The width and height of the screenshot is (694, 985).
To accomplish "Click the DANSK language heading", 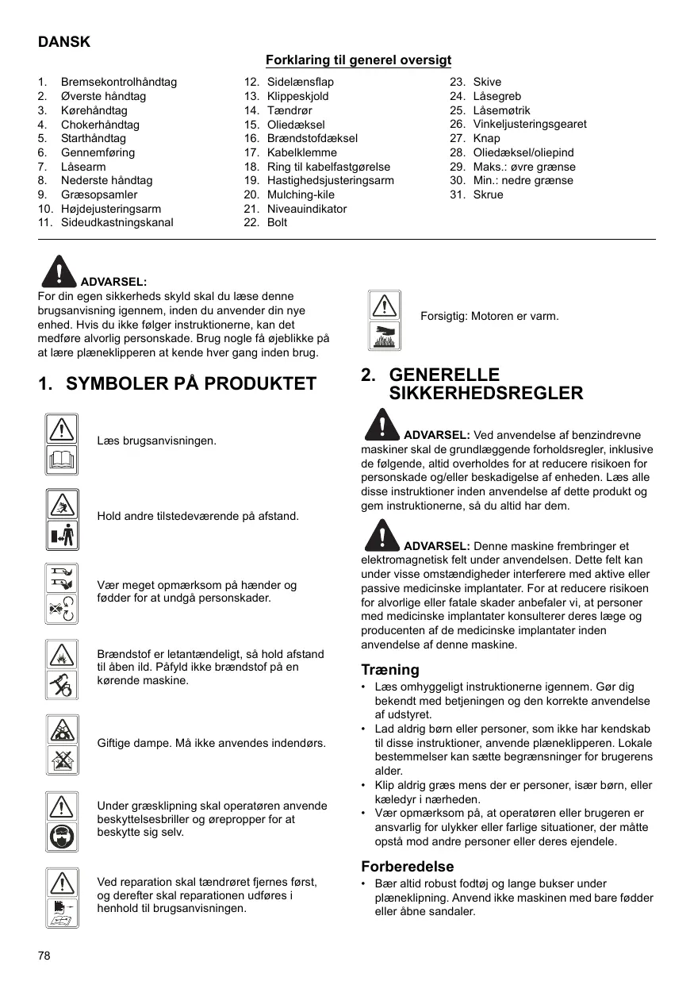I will pos(64,42).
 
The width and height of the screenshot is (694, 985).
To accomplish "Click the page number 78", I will pos(44,956).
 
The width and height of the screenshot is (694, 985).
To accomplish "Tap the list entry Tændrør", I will pos(289,110).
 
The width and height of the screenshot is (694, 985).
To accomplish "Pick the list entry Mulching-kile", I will pos(301,194).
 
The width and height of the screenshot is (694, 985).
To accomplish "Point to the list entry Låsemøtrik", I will pos(501,110).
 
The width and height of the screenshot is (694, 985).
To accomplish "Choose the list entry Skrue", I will pos(488,194).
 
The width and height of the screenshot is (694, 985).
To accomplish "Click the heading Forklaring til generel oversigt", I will pos(359,60).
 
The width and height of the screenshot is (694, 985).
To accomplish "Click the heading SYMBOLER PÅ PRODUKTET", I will pos(191,384).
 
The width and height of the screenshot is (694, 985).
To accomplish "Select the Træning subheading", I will pos(390,670).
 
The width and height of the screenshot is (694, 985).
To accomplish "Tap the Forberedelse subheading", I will pos(408,867).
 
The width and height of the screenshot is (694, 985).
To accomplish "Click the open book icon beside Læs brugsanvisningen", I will pos(61,459).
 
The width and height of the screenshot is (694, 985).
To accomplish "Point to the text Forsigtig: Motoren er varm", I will pos(489,316).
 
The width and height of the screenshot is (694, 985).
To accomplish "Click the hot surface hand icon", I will pos(385,335).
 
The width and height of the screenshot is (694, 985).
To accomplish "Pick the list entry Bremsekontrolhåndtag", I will pos(119,82).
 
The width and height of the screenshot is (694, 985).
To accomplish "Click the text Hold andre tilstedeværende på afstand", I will pos(197,516).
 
